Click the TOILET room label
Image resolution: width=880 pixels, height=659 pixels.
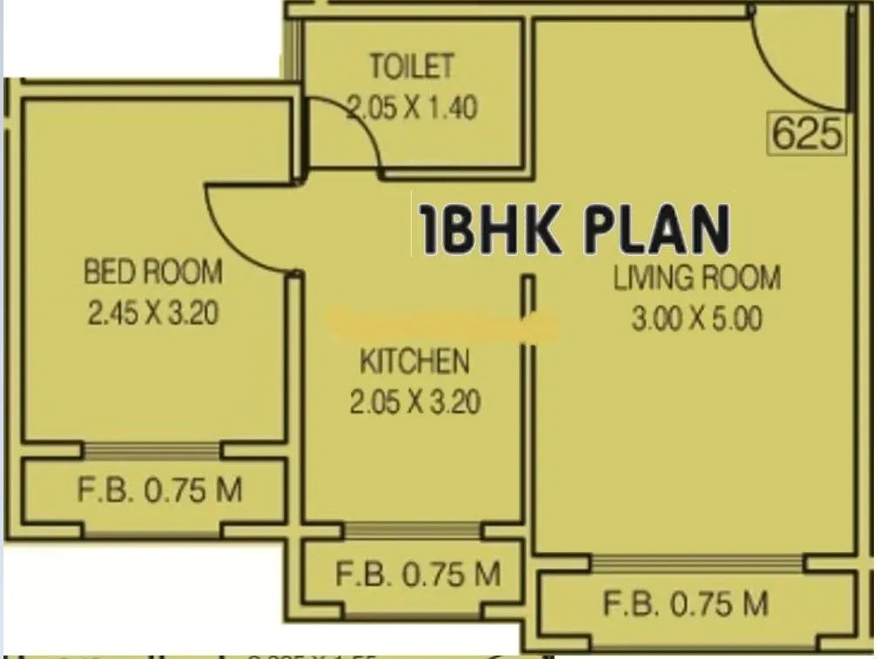tap(411, 67)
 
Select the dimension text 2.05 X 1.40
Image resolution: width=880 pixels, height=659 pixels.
tap(412, 108)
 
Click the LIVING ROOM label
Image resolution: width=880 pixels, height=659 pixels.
tap(696, 279)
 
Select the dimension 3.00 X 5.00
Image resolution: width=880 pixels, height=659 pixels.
tap(696, 319)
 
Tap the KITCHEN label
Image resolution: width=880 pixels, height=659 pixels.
tap(414, 361)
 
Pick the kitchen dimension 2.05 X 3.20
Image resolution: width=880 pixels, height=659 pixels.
tap(414, 402)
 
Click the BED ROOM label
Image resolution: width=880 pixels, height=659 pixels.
tap(152, 272)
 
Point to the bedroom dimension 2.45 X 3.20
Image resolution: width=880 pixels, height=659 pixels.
tap(152, 313)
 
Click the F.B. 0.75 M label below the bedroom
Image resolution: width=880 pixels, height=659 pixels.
tap(159, 490)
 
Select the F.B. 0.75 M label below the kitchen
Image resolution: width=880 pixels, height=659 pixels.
tap(418, 574)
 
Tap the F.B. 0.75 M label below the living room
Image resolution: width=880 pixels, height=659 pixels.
tap(686, 602)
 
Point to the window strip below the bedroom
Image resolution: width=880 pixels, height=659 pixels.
tap(151, 450)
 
